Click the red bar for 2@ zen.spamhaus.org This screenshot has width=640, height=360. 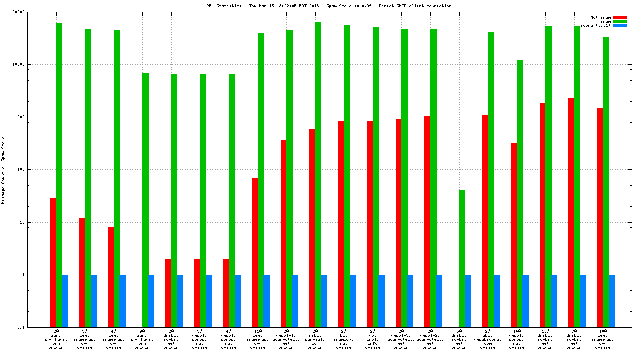click(x=53, y=262)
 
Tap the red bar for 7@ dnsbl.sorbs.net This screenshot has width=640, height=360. click(x=571, y=212)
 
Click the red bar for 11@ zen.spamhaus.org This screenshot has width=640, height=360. click(x=255, y=253)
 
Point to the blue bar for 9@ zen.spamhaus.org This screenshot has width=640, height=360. click(x=151, y=301)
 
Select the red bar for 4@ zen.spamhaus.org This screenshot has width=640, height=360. click(x=111, y=277)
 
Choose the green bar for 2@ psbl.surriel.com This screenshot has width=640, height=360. click(x=318, y=175)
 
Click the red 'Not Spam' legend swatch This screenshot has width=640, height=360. click(x=620, y=17)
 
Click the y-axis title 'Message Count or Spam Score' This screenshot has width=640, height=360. click(x=3, y=170)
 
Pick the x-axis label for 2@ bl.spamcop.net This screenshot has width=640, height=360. click(x=344, y=339)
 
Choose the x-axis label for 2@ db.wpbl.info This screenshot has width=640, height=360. click(x=372, y=339)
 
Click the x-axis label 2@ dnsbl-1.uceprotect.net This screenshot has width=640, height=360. click(x=286, y=339)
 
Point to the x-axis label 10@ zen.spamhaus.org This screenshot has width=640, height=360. click(x=603, y=339)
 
